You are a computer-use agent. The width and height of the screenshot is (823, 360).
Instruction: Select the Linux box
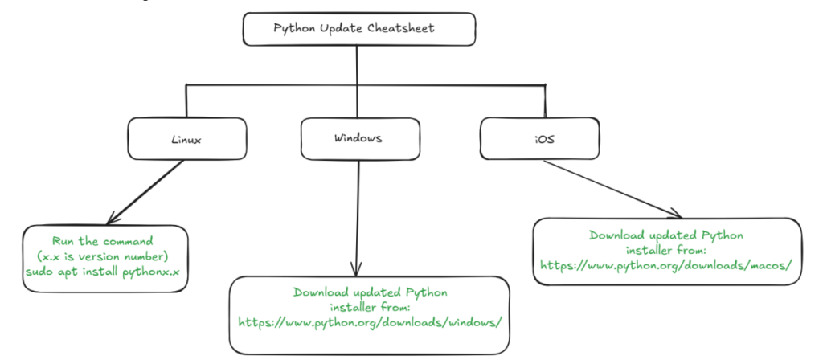click(186, 138)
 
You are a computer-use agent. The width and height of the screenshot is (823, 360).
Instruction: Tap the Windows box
click(358, 137)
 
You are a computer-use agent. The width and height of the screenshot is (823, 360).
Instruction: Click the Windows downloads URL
click(371, 321)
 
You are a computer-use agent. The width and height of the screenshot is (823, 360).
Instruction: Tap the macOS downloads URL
click(666, 264)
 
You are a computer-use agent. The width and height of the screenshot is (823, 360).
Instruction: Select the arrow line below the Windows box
click(355, 209)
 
